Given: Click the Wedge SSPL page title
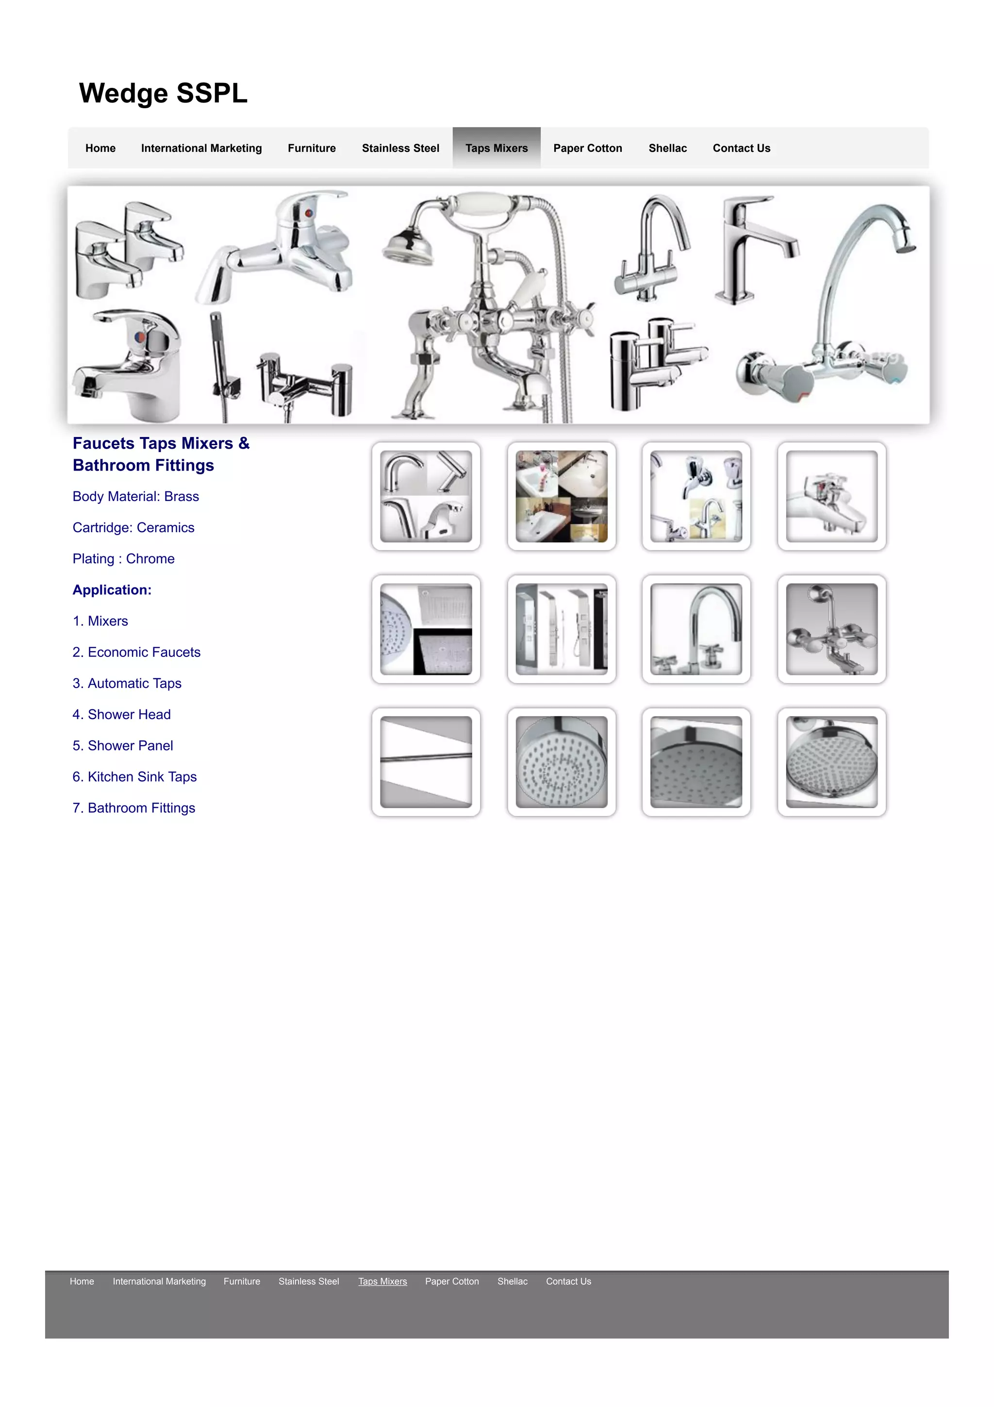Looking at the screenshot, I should coord(163,93).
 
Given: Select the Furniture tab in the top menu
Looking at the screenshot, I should coord(312,148).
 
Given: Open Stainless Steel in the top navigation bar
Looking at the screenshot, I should coord(400,148).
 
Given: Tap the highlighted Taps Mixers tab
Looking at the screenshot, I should coord(496,148).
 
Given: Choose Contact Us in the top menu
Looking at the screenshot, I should coord(741,148).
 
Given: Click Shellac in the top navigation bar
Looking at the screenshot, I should coord(667,148).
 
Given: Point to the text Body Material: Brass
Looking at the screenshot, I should coord(135,496).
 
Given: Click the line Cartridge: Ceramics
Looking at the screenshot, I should coord(133,528).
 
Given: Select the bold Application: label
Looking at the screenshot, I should coord(112,590).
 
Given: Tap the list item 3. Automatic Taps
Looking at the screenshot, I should coord(127,683).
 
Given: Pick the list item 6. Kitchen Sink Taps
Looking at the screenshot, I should coord(134,777).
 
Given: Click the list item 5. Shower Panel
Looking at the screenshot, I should coord(122,746).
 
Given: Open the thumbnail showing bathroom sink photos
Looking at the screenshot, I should coord(561,496).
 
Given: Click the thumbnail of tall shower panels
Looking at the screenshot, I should coord(561,629).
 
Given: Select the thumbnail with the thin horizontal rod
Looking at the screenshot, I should coord(426,762).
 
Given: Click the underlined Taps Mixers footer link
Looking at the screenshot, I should coord(382,1281).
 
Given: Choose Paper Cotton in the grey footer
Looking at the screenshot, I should coord(452,1281).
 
